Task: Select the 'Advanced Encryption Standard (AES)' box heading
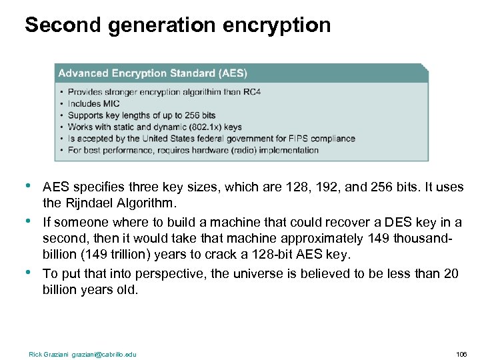point(153,73)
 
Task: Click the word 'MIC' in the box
point(111,104)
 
